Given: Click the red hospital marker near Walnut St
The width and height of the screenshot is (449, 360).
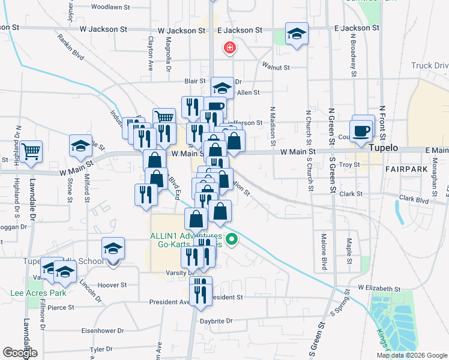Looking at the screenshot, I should click(x=229, y=48).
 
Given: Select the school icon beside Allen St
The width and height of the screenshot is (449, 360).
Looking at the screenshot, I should click(x=222, y=88).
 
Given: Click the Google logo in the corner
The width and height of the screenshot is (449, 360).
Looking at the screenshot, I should click(x=20, y=353).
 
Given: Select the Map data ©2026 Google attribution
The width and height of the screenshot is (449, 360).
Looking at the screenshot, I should click(x=411, y=355).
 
